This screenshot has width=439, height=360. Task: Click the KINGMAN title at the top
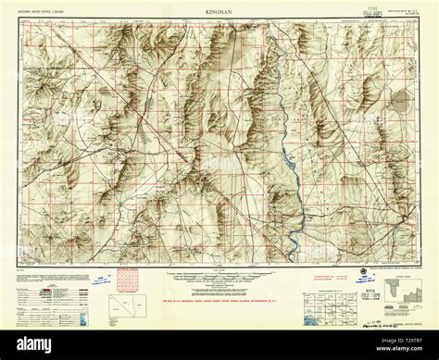click(x=219, y=14)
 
